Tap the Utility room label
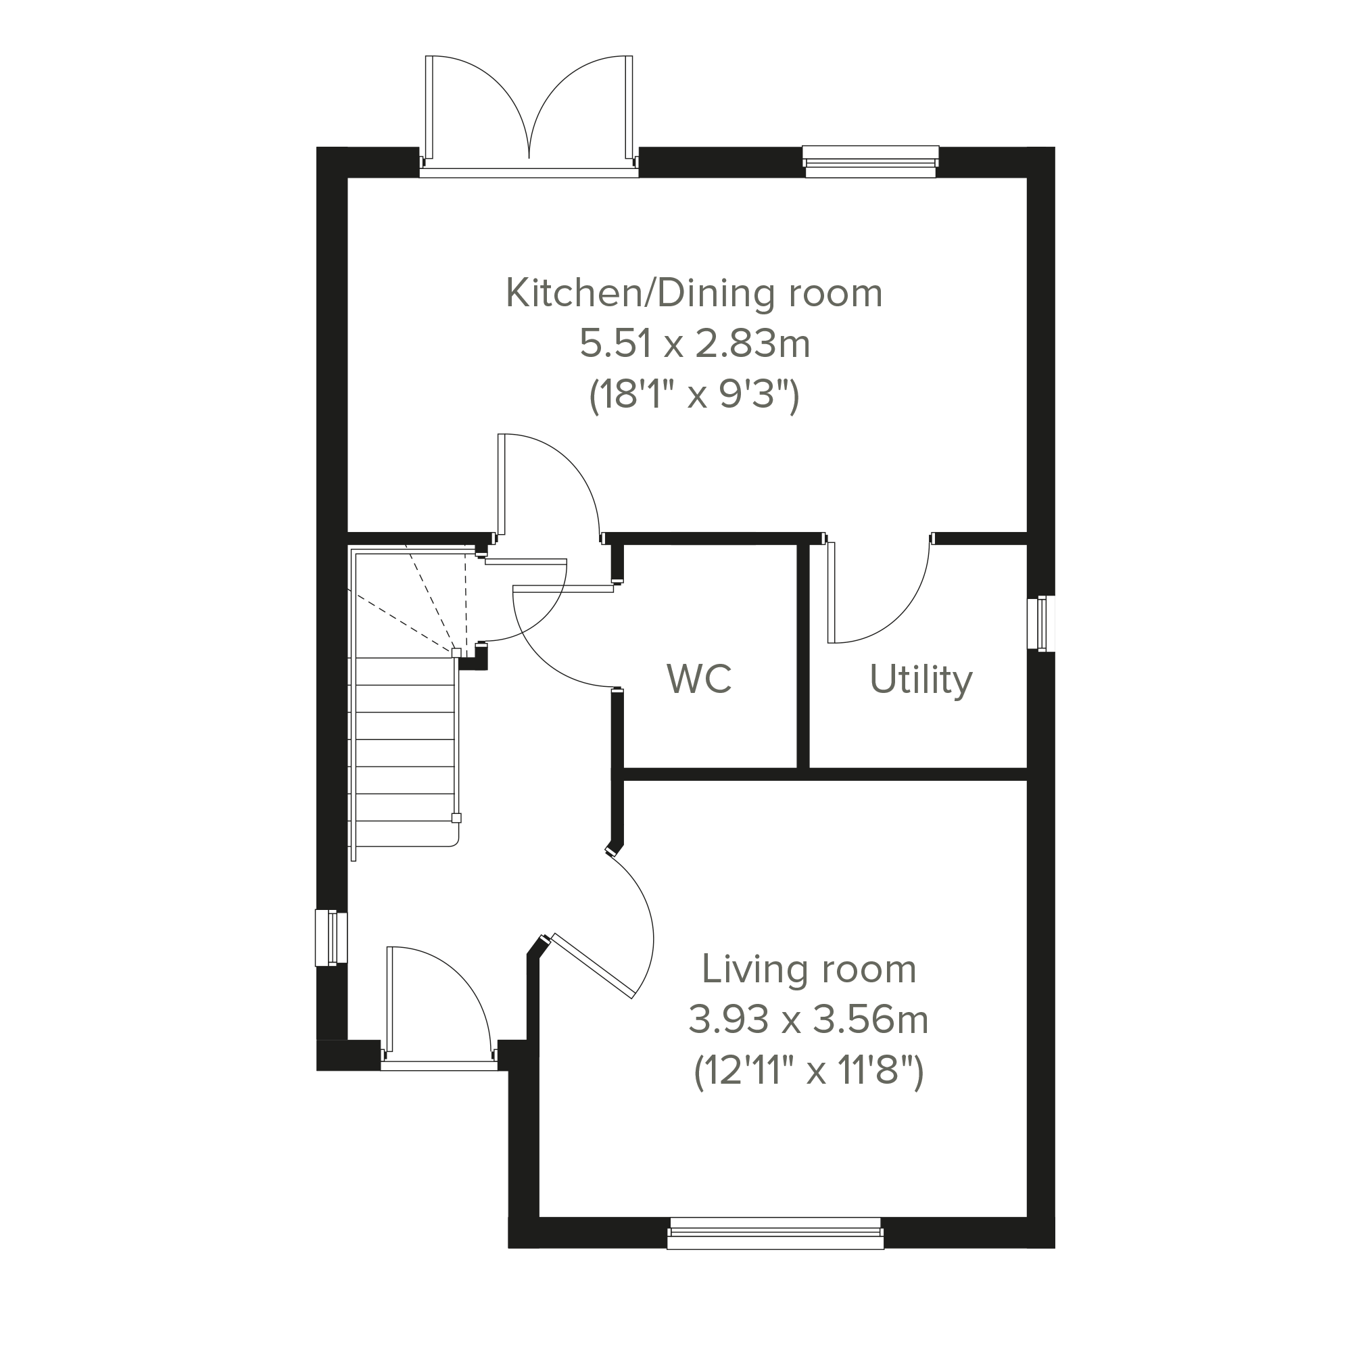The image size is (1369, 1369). click(x=921, y=680)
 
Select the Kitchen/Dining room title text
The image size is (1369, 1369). click(x=694, y=293)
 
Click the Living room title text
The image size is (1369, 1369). click(x=809, y=969)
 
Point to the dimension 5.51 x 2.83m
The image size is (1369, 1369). click(x=694, y=344)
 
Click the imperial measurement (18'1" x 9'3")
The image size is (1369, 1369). click(x=694, y=395)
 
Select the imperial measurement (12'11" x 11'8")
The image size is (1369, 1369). click(x=809, y=1072)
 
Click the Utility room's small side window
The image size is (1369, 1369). click(x=1042, y=623)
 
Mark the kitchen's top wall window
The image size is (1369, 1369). click(x=871, y=162)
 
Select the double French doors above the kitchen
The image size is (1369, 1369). click(x=529, y=114)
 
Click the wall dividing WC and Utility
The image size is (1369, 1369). click(x=803, y=656)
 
